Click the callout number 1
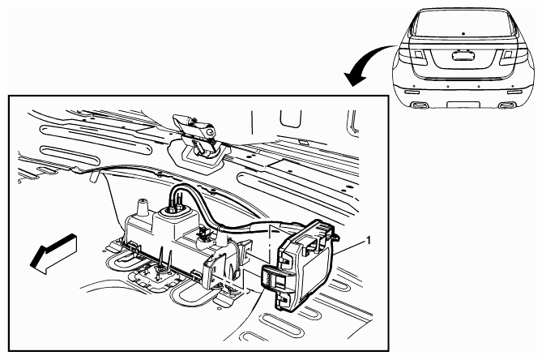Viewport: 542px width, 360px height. pos(369,240)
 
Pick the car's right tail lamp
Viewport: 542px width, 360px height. pos(513,56)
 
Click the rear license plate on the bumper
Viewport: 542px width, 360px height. pos(463,105)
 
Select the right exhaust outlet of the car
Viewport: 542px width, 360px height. pos(506,105)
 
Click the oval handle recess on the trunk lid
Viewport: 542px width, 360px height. pos(463,56)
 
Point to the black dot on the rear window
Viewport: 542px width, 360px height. pos(463,33)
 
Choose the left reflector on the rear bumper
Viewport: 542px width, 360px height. pos(412,92)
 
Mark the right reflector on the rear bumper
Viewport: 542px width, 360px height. pos(515,92)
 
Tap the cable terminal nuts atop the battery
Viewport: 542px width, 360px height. pos(175,206)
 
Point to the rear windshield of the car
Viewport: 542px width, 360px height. pos(463,23)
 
